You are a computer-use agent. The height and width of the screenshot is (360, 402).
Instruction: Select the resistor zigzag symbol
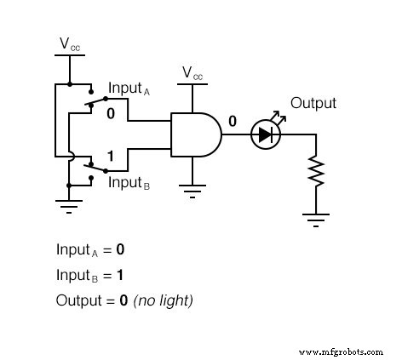coord(317,172)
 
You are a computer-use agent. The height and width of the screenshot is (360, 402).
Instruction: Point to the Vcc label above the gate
coord(192,75)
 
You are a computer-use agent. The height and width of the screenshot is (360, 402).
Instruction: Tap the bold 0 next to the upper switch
coord(111,112)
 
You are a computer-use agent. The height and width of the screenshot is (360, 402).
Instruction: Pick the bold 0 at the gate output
coord(232,120)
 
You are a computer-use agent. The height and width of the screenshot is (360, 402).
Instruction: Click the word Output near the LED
coord(313,103)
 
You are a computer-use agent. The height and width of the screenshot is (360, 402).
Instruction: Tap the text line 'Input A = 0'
coord(90,250)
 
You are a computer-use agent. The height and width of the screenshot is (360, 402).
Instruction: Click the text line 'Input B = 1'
coord(90,275)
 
